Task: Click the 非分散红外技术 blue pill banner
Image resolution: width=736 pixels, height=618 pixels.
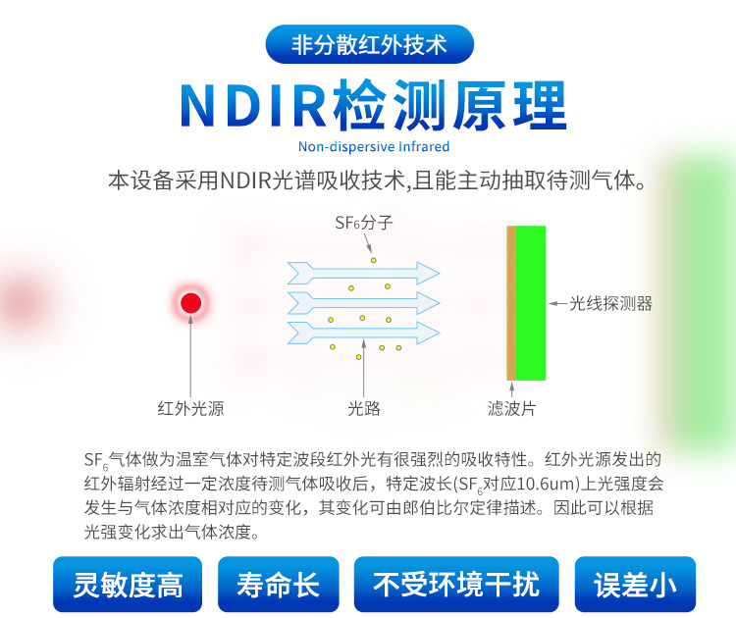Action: (369, 44)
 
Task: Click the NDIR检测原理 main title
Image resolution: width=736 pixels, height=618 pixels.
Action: (373, 106)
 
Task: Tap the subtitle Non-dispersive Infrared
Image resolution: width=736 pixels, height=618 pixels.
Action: (374, 147)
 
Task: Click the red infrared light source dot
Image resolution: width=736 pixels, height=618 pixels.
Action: (190, 303)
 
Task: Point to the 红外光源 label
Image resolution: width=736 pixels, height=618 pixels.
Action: (190, 408)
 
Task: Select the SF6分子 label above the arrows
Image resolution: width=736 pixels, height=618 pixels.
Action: (364, 223)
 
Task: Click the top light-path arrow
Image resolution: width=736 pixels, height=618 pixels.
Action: (363, 273)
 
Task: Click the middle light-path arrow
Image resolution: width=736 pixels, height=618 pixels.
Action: (363, 303)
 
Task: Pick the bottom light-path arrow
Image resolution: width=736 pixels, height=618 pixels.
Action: (363, 334)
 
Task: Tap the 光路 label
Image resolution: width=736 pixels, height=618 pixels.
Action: (364, 408)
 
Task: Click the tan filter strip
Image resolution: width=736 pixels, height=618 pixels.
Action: (511, 303)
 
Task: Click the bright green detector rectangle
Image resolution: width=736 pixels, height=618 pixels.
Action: (531, 303)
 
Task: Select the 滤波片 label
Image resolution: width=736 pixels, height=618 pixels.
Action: (511, 408)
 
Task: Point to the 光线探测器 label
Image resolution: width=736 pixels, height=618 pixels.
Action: (610, 303)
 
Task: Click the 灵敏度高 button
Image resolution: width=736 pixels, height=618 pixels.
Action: (128, 585)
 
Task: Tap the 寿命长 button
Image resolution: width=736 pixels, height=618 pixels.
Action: (279, 585)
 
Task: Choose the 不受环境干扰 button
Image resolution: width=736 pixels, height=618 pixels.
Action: (456, 585)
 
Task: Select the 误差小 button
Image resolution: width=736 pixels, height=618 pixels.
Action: (635, 585)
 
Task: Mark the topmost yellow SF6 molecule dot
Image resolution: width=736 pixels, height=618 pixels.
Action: (374, 260)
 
